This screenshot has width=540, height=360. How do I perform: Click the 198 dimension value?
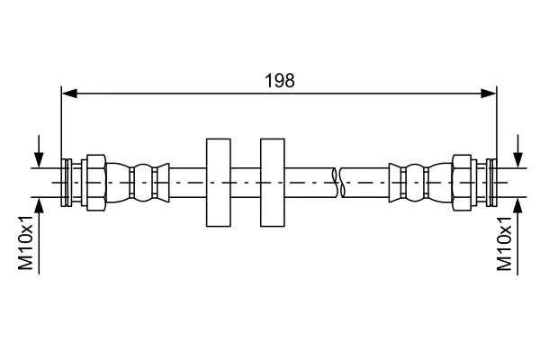click(x=279, y=81)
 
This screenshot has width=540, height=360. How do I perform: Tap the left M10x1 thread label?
click(x=26, y=242)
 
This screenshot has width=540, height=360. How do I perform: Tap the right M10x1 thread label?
click(x=504, y=242)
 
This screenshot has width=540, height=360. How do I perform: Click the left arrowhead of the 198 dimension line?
click(x=69, y=93)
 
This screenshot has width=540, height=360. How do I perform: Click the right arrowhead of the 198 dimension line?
click(x=489, y=93)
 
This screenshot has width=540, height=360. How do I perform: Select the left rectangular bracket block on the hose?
click(x=219, y=183)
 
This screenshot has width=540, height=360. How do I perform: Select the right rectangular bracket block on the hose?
click(x=273, y=183)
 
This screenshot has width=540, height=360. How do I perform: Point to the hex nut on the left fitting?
click(x=96, y=183)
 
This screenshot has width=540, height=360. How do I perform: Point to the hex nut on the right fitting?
click(x=462, y=183)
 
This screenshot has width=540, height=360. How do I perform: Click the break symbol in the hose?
click(x=338, y=183)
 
